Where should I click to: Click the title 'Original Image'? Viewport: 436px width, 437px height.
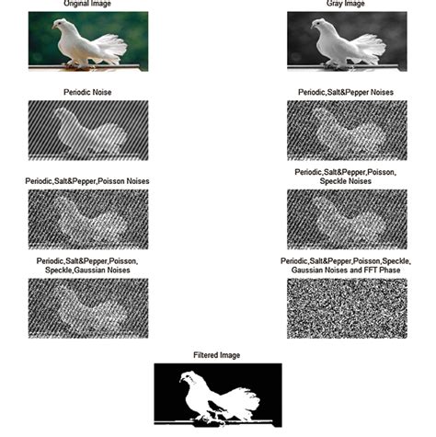pyautogui.click(x=87, y=4)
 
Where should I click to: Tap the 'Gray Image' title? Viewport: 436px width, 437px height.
pyautogui.click(x=346, y=4)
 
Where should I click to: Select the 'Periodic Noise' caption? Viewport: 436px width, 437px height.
pyautogui.click(x=87, y=92)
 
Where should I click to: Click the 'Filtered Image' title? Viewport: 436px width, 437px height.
pyautogui.click(x=217, y=355)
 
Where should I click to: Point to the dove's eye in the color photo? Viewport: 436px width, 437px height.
pyautogui.click(x=59, y=22)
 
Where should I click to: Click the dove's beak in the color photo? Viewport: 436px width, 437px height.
pyautogui.click(x=53, y=27)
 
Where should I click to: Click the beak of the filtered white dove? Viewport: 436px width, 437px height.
pyautogui.click(x=181, y=381)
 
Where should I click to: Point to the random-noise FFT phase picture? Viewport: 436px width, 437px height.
pyautogui.click(x=347, y=308)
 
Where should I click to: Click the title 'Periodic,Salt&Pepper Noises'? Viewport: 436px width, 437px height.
pyautogui.click(x=346, y=92)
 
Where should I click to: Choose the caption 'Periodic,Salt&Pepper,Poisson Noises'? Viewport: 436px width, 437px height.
pyautogui.click(x=87, y=181)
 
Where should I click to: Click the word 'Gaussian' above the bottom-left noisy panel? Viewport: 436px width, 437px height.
pyautogui.click(x=87, y=270)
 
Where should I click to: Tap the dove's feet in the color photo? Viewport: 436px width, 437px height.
pyautogui.click(x=77, y=65)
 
